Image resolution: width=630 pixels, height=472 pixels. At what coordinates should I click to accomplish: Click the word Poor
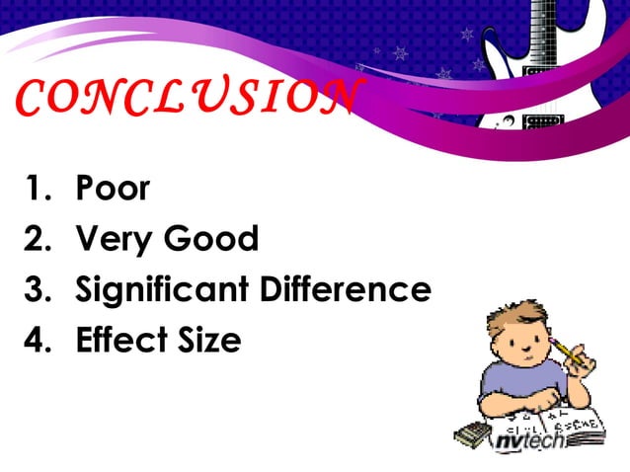point(113,188)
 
